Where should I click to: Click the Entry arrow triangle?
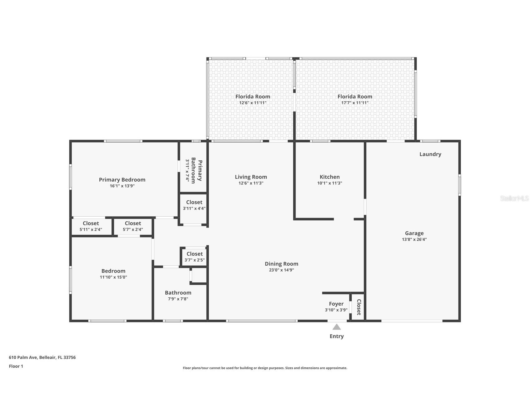coord(336,327)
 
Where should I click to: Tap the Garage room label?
coord(414,233)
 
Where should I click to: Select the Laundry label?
coord(430,154)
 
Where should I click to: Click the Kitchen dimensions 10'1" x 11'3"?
coord(329,183)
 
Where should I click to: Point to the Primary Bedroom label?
coord(122,180)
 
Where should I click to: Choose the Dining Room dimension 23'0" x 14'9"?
coord(281,270)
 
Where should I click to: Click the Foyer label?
coord(336,304)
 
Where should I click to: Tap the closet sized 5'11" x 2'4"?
coord(91,226)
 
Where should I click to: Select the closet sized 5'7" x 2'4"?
coord(133,226)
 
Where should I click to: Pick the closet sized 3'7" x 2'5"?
coord(194,257)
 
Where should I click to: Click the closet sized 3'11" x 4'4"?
coord(194,205)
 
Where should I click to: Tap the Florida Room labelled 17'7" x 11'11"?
coord(355,99)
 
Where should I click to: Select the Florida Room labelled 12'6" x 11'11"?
coord(253,99)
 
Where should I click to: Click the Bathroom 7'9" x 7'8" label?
coord(178,295)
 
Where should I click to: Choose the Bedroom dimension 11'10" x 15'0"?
coord(113,277)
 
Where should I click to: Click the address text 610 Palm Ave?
coord(42,357)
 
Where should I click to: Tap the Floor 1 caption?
coord(16,366)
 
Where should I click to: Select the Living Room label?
coord(251,177)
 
